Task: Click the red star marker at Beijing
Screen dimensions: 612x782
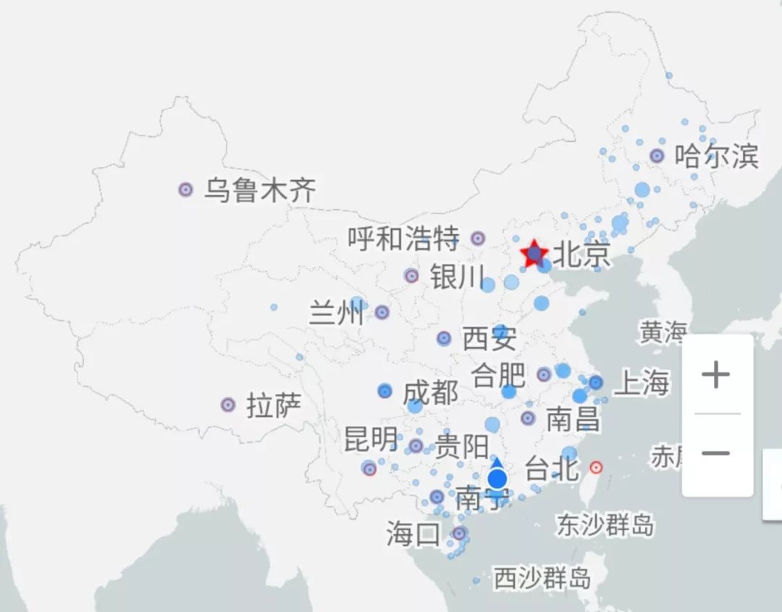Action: tap(534, 253)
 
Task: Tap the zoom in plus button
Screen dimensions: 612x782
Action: tap(716, 375)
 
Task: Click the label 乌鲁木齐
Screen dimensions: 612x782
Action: tap(260, 190)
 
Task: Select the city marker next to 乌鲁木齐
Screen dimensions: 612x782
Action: tap(185, 190)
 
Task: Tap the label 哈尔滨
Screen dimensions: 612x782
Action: tap(716, 156)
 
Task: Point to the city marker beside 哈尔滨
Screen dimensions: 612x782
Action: tap(657, 156)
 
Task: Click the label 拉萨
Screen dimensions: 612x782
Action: tap(274, 405)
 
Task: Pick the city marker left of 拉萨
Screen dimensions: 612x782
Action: tap(228, 404)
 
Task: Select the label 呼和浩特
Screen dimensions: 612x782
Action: tap(403, 238)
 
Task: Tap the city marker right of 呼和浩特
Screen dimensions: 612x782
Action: tap(478, 238)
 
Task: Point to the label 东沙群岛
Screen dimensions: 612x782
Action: tap(605, 524)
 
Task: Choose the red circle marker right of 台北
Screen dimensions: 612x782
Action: tap(596, 467)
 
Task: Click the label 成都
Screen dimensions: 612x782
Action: tap(430, 392)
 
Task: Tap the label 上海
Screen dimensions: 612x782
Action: tap(641, 383)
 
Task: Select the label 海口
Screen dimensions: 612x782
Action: tap(413, 535)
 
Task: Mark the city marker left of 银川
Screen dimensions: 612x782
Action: tap(411, 276)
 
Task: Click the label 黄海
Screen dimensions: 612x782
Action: tap(662, 332)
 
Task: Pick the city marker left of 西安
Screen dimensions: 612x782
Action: tap(444, 338)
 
